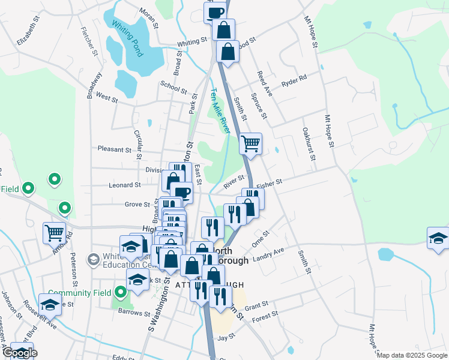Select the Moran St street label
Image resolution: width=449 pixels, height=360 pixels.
tap(148, 19)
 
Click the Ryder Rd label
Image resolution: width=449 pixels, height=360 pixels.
tap(294, 79)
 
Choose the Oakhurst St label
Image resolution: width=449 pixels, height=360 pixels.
tap(309, 144)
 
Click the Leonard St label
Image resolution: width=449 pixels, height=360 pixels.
tap(124, 185)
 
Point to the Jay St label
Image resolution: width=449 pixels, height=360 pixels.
tap(226, 338)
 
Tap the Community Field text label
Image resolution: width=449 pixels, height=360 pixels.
tap(81, 293)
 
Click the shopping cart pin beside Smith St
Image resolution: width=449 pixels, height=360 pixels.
tap(250, 143)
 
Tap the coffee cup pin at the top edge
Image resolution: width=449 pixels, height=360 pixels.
tap(215, 11)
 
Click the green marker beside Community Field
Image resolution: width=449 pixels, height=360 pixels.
tap(121, 293)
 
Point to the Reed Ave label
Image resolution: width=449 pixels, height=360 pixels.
tap(265, 83)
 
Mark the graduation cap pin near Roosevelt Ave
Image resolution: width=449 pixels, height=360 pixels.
tap(50, 304)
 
